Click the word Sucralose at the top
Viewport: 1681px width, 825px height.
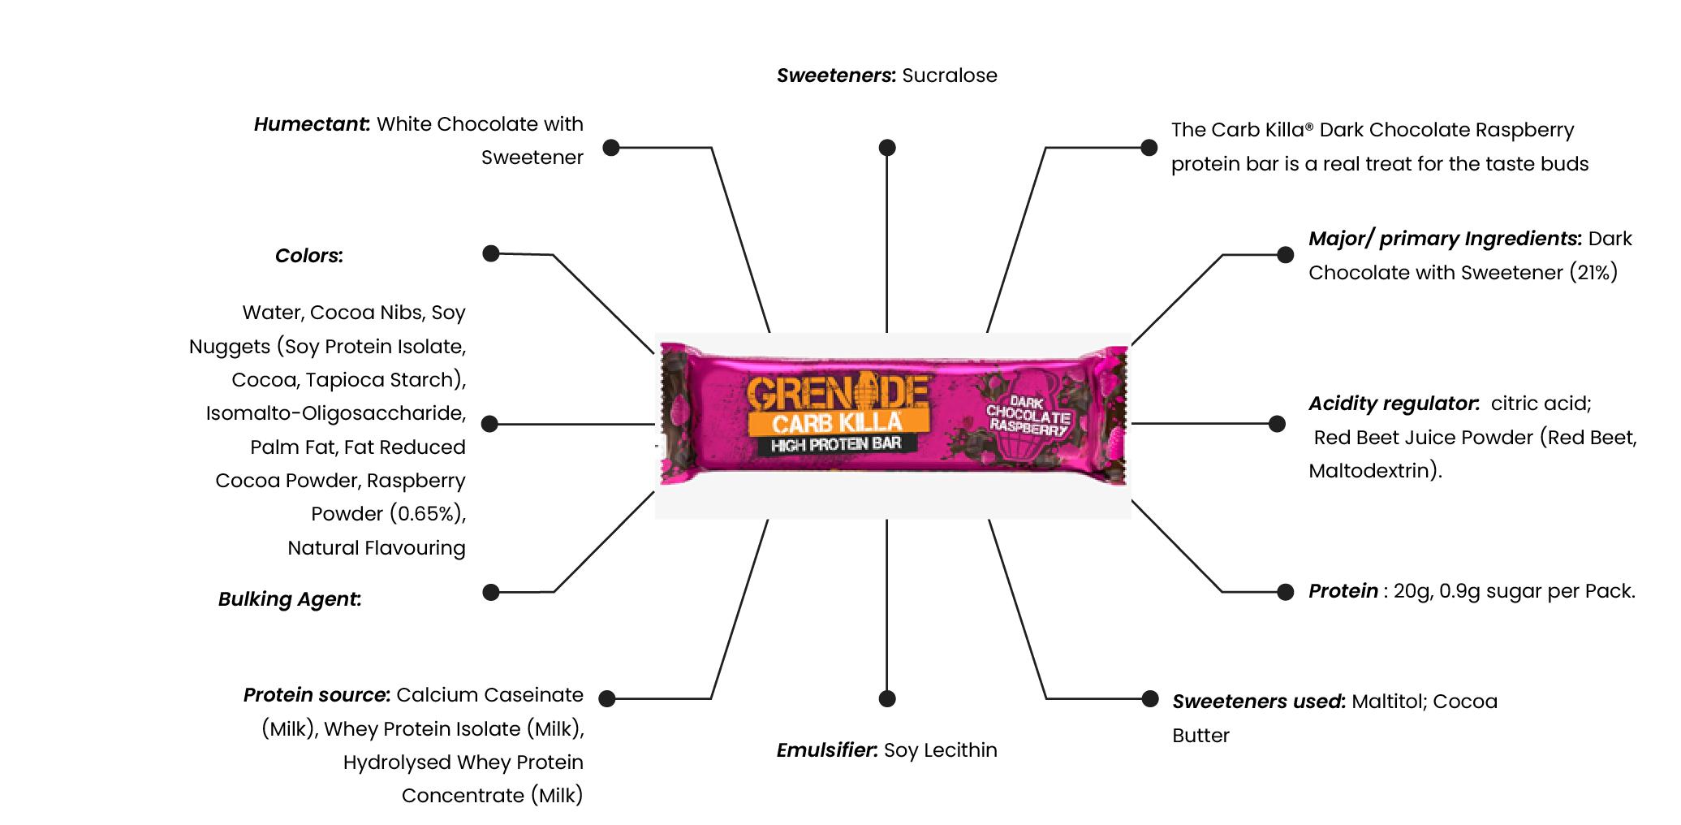pyautogui.click(x=949, y=76)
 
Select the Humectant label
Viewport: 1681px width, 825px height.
pyautogui.click(x=312, y=124)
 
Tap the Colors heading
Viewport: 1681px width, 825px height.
pyautogui.click(x=308, y=256)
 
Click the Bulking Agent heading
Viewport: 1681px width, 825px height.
pyautogui.click(x=289, y=599)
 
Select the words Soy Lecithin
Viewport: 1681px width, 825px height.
pyautogui.click(x=940, y=750)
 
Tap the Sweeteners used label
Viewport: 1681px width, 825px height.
pyautogui.click(x=1258, y=702)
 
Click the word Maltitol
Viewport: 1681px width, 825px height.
pyautogui.click(x=1389, y=702)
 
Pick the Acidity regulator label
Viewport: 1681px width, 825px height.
pyautogui.click(x=1393, y=404)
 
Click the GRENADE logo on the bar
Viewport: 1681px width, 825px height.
pyautogui.click(x=837, y=393)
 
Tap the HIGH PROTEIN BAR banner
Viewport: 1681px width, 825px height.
pyautogui.click(x=835, y=444)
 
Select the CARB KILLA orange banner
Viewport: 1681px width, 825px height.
pyautogui.click(x=837, y=423)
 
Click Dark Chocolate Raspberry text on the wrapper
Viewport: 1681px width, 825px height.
pyautogui.click(x=1028, y=416)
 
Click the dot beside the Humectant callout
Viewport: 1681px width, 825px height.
pyautogui.click(x=611, y=147)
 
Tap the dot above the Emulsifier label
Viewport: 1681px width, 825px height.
pyautogui.click(x=887, y=698)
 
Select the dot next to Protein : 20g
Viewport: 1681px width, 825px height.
pyautogui.click(x=1285, y=592)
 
